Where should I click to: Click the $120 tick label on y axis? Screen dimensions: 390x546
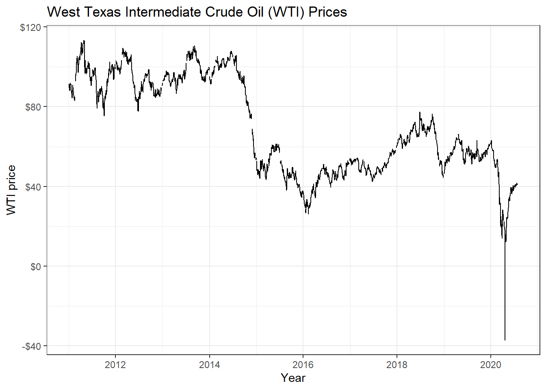point(30,28)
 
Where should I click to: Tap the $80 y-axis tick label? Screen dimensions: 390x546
point(33,107)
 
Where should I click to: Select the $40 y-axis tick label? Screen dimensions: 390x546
point(33,187)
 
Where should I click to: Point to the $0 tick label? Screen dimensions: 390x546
point(36,266)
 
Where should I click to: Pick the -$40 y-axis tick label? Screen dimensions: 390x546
point(32,347)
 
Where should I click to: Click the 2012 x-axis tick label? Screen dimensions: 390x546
point(115,364)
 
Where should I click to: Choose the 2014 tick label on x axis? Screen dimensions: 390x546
point(209,364)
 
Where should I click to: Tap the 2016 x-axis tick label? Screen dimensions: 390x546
point(303,364)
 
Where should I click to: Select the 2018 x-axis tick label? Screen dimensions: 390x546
point(397,364)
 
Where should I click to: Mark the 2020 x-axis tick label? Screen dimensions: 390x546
point(491,364)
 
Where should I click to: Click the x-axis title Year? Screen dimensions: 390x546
point(293,378)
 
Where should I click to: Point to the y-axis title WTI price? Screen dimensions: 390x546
point(11,190)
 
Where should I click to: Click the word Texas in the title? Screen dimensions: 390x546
point(103,12)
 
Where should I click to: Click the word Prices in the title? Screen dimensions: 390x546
point(328,12)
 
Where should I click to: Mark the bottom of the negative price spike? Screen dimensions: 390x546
point(505,340)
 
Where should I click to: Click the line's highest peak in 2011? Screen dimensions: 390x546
point(84,41)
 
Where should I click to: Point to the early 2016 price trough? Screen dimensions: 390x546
point(308,214)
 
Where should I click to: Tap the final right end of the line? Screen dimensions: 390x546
point(517,184)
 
